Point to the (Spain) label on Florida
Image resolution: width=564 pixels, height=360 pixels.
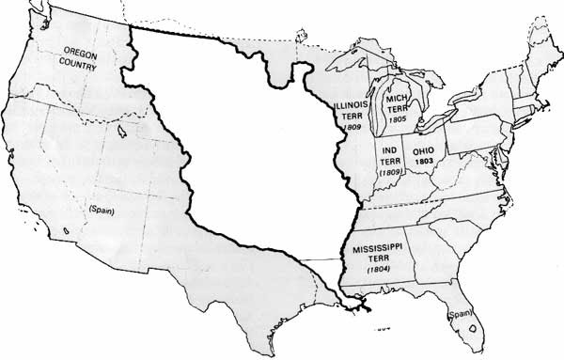click(460, 313)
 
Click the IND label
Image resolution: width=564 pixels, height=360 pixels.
click(388, 149)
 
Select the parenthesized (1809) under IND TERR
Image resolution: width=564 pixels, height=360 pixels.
click(388, 172)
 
